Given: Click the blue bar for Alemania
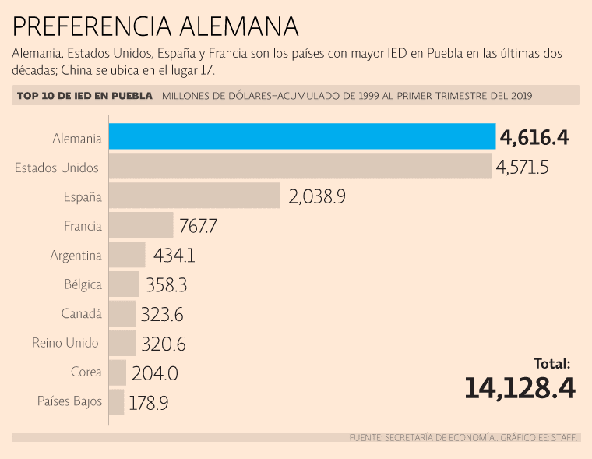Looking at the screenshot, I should [x=302, y=136].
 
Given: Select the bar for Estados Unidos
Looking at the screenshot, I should [x=300, y=166].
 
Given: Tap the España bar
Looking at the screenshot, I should [x=194, y=196].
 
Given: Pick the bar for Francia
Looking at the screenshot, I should [x=140, y=225].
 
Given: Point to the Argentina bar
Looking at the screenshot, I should [x=126, y=255].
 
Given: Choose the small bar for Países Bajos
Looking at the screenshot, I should [x=116, y=402].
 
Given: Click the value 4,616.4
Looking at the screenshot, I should [x=535, y=138].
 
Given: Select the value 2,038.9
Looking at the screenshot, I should [x=317, y=196].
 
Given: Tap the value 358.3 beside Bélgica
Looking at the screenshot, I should [x=165, y=284].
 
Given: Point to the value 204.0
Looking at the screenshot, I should [x=155, y=373].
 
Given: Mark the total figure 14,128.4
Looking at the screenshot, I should [x=520, y=387].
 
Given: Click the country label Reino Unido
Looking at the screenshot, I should [x=65, y=343].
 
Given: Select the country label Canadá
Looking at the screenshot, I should [x=81, y=313].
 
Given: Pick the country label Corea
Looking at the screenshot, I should [x=86, y=372].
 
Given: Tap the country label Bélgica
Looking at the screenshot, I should [x=83, y=284].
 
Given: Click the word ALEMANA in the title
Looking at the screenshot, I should [x=238, y=26].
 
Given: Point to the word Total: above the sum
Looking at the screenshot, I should [x=552, y=363].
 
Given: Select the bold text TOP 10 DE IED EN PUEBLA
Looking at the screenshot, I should [x=84, y=96].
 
